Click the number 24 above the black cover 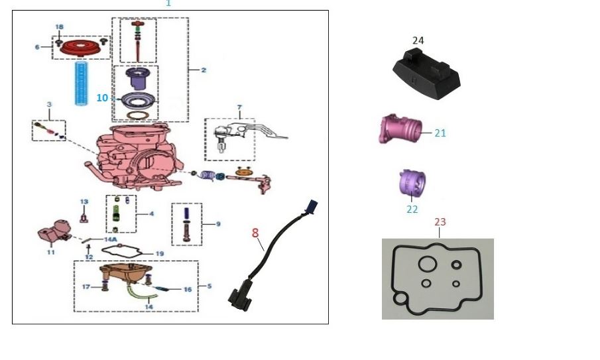pos(418,40)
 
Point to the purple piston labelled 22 pos(411,184)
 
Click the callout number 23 pos(441,222)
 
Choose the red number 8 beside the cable pos(255,233)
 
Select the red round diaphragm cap pos(80,47)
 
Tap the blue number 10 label pos(101,97)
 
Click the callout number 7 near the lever pos(239,107)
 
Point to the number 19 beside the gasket pos(159,254)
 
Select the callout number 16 pos(188,290)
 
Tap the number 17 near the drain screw pos(86,286)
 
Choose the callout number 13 pos(84,202)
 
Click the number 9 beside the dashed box pos(217,224)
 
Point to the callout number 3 pos(48,105)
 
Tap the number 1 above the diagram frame pos(168,3)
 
